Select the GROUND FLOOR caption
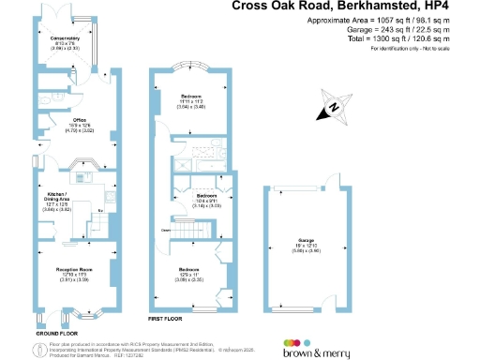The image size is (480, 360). [x=55, y=332]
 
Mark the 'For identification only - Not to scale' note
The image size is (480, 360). [x=406, y=47]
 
